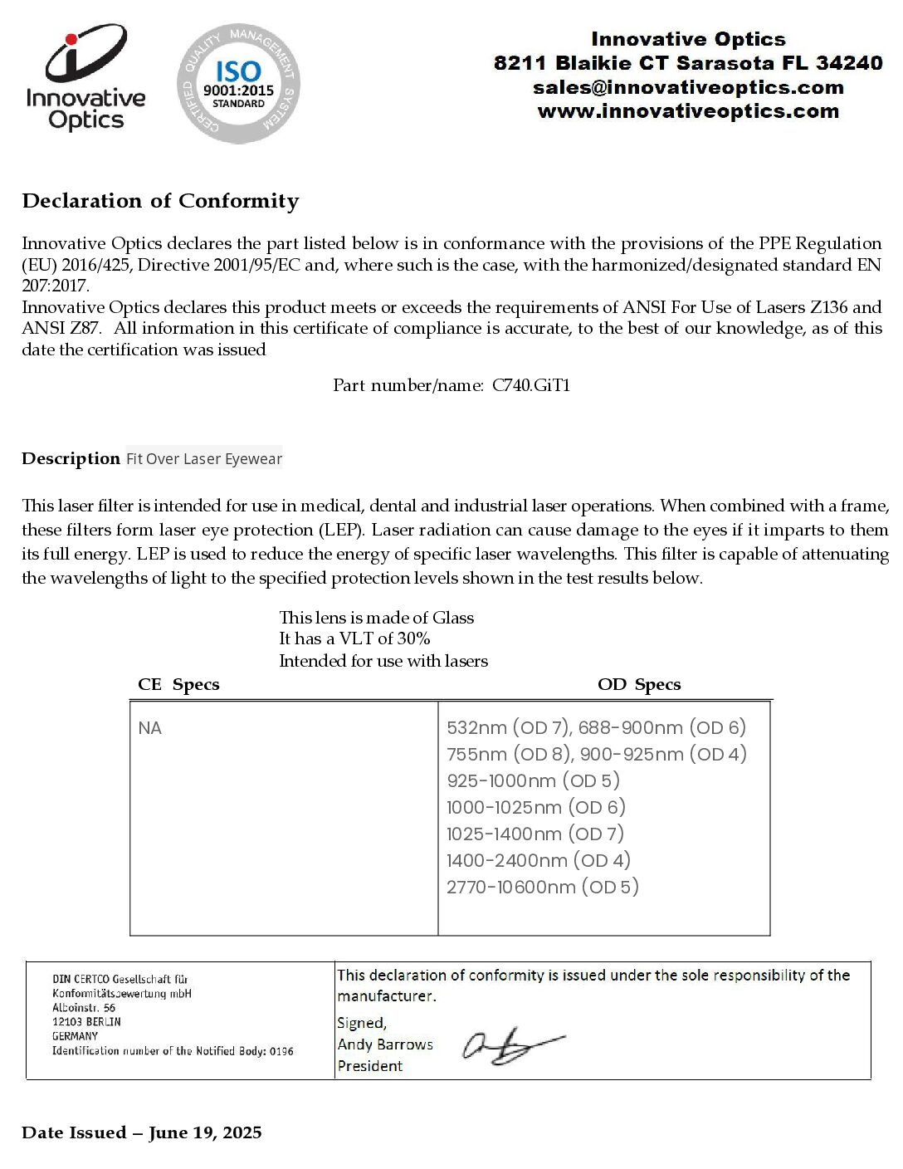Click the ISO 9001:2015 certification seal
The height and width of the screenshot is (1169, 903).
click(x=238, y=83)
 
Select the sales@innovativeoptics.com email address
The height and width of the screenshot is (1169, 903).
click(x=688, y=87)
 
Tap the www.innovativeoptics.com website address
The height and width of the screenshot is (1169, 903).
click(x=688, y=111)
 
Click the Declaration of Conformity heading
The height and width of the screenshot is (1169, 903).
click(x=160, y=201)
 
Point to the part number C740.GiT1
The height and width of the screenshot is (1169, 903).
click(x=531, y=385)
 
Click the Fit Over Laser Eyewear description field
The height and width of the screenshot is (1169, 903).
click(x=204, y=459)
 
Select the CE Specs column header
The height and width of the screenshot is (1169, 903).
click(x=178, y=685)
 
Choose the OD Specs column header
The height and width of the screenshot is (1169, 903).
click(x=639, y=685)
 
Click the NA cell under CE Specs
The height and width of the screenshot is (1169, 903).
click(x=150, y=728)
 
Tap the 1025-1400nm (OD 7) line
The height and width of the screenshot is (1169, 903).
click(x=535, y=834)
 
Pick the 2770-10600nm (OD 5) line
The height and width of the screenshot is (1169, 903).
click(x=543, y=887)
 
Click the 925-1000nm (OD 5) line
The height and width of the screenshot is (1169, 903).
click(x=533, y=780)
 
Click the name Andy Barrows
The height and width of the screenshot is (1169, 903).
click(x=385, y=1044)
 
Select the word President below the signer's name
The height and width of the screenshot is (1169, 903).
click(x=370, y=1066)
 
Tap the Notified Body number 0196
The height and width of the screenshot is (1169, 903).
click(x=281, y=1051)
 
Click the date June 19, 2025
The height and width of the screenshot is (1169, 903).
click(x=205, y=1133)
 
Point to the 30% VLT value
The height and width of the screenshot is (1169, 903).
click(x=412, y=638)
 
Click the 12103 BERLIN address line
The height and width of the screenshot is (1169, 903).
click(x=86, y=1022)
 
